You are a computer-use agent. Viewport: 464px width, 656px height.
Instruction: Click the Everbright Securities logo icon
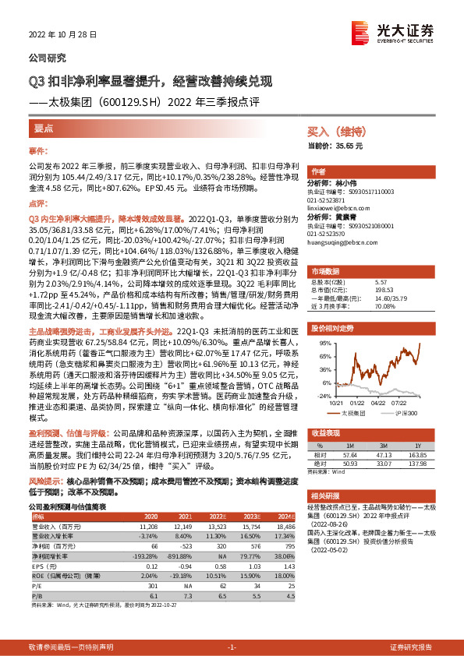point(360,31)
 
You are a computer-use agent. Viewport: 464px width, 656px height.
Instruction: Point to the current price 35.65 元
point(336,146)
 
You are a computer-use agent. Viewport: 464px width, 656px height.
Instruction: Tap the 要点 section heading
point(44,127)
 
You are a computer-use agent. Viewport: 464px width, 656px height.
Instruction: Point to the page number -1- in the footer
point(231,647)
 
